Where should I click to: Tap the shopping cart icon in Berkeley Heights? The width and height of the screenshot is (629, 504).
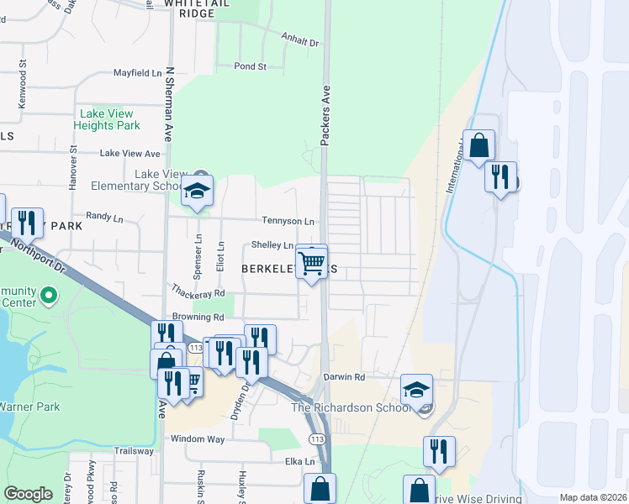[312, 263]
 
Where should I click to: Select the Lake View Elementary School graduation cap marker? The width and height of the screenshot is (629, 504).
[198, 192]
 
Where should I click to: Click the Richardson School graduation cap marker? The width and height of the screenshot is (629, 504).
[416, 391]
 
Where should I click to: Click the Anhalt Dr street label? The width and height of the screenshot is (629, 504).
[302, 42]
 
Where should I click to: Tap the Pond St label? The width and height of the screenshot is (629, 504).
[250, 66]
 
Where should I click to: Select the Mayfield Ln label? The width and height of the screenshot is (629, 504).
[137, 73]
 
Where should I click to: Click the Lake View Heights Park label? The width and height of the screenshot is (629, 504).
[109, 119]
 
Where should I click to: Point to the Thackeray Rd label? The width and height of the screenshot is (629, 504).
[198, 293]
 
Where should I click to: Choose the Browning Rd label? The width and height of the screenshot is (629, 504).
[198, 318]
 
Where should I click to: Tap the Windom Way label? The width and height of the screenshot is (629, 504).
[198, 439]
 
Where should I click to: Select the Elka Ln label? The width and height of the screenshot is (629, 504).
[299, 461]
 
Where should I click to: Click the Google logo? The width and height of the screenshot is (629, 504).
[28, 494]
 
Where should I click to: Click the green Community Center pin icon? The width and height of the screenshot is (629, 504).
[49, 295]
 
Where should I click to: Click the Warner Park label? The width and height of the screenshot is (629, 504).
[28, 407]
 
